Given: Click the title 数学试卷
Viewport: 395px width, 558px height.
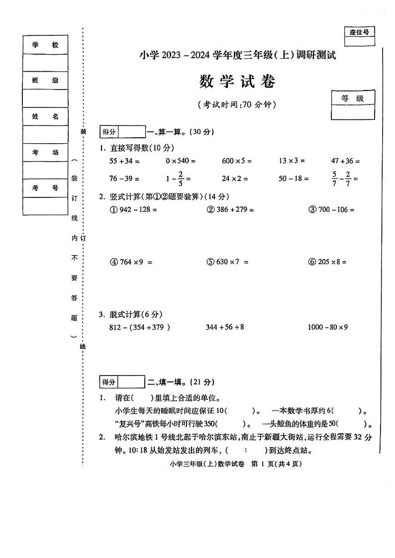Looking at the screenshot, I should point(237,82).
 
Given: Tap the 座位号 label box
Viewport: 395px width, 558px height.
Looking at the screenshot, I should point(359,33).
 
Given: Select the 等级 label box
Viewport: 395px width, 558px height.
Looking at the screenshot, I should point(353,98).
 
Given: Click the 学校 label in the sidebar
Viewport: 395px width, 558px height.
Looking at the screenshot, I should point(45,45).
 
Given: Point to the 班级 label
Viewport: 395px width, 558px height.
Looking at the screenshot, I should point(45,81).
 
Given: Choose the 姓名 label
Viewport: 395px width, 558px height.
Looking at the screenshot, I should point(45,116).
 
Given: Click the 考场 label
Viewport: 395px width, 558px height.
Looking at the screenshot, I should point(45,152).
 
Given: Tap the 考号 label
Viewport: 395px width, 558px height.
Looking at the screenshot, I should point(45,188).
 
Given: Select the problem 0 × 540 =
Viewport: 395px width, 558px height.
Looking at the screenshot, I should point(181,161).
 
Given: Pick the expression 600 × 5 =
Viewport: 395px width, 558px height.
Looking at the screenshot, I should point(237,161).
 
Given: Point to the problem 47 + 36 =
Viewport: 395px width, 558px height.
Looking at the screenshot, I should point(345,161).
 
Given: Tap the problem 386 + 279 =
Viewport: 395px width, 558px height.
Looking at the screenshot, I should point(230,210).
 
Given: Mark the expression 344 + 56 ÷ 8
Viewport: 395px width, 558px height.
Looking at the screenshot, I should point(225,327).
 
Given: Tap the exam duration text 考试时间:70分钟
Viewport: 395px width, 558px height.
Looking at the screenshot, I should point(237,105).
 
